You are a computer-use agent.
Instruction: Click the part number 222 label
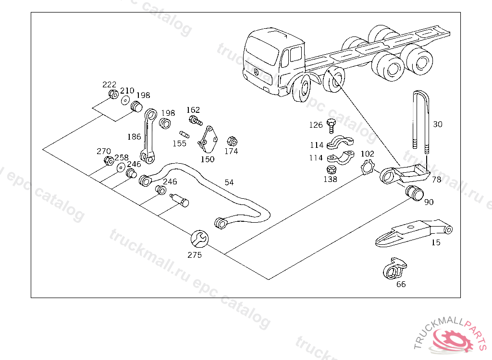pyautogui.click(x=110, y=84)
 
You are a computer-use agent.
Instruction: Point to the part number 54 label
pyautogui.click(x=229, y=182)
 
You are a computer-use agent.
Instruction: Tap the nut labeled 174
pyautogui.click(x=231, y=141)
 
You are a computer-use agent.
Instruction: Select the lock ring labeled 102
pyautogui.click(x=367, y=167)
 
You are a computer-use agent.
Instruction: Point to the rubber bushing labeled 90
pyautogui.click(x=415, y=192)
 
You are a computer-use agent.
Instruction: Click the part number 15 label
pyautogui.click(x=435, y=242)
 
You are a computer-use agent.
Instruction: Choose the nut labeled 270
pyautogui.click(x=109, y=160)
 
